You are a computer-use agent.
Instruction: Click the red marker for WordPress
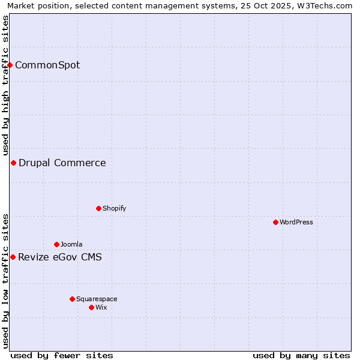[275, 222]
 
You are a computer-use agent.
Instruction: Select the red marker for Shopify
[98, 208]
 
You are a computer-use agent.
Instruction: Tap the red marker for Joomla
[56, 244]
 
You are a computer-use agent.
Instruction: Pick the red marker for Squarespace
[72, 299]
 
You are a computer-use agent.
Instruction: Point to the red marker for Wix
[91, 307]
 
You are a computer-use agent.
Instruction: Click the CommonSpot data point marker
[10, 65]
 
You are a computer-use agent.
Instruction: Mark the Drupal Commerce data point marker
[13, 163]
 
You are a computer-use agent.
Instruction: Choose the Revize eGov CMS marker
[13, 257]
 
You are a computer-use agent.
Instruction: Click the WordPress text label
[296, 222]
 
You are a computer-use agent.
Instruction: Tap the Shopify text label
[114, 208]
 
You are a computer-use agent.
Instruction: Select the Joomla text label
[71, 244]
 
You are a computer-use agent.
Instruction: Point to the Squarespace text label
[97, 299]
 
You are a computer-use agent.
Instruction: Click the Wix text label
[101, 307]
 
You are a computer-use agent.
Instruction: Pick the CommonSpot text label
[47, 65]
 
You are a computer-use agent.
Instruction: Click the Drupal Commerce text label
[62, 163]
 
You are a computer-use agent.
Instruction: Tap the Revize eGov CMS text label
[60, 257]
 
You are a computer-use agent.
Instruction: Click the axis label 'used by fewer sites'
[62, 355]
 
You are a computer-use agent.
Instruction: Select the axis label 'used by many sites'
[301, 355]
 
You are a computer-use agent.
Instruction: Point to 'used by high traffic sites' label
[5, 85]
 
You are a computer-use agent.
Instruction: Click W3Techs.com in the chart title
[327, 5]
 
